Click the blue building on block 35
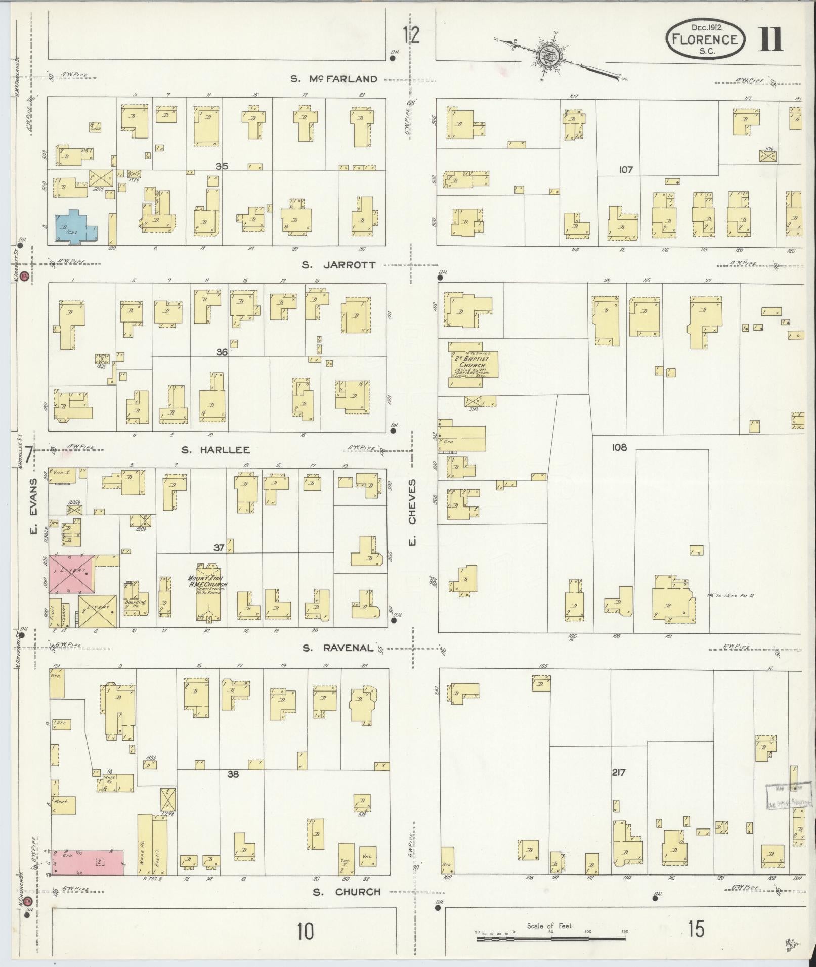pyautogui.click(x=76, y=226)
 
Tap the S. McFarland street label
pyautogui.click(x=334, y=79)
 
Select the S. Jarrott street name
pyautogui.click(x=339, y=265)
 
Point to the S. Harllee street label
pyautogui.click(x=216, y=450)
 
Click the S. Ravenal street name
pyautogui.click(x=338, y=648)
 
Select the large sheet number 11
pyautogui.click(x=770, y=40)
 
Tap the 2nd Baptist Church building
pyautogui.click(x=471, y=364)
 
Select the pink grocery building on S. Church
pyautogui.click(x=89, y=862)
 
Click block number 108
pyautogui.click(x=619, y=447)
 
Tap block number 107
pyautogui.click(x=626, y=170)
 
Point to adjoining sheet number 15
pyautogui.click(x=696, y=929)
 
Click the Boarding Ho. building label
pyautogui.click(x=136, y=604)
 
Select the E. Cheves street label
pyautogui.click(x=412, y=513)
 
